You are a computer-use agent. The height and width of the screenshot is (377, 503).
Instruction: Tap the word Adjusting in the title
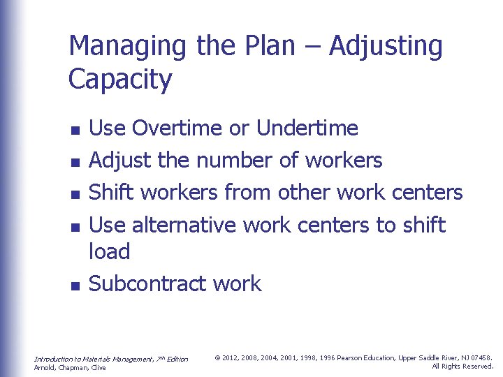coord(386,47)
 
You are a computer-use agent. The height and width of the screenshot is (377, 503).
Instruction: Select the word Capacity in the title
coord(119,80)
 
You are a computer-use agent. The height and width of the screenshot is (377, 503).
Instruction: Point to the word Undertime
coord(307,128)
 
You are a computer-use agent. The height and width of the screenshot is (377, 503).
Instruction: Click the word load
coord(110,251)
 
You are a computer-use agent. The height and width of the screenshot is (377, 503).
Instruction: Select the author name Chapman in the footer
coord(72,368)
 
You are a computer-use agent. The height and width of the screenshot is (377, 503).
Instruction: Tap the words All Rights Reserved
coord(463,367)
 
